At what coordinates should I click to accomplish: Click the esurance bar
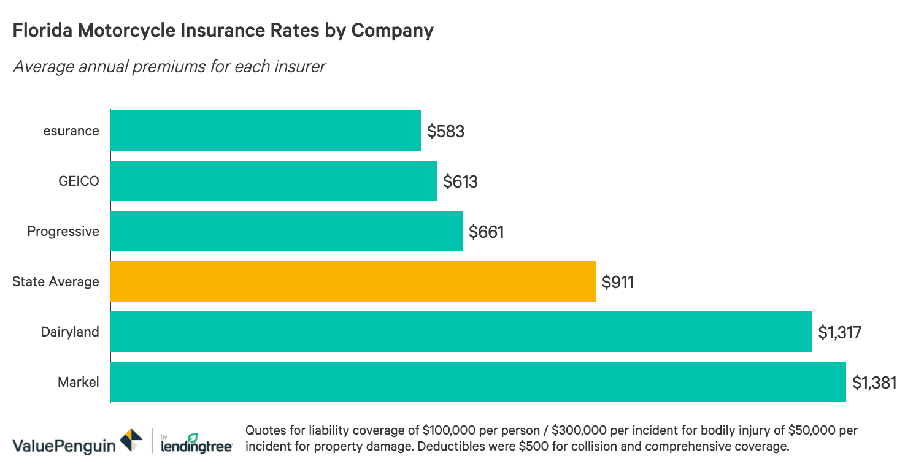click(x=265, y=131)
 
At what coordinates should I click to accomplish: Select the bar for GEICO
click(x=273, y=181)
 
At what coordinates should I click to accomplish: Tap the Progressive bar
click(x=286, y=231)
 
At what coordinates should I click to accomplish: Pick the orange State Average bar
click(x=353, y=281)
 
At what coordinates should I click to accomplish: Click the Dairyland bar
click(x=461, y=332)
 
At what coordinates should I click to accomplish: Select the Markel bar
click(x=478, y=382)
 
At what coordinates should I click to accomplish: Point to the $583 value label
click(x=445, y=131)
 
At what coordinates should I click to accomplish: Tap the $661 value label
click(x=486, y=232)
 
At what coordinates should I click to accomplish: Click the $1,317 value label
click(x=840, y=332)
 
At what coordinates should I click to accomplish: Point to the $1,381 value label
click(x=874, y=383)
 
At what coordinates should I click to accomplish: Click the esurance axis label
click(x=71, y=131)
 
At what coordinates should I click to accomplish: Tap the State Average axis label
click(x=56, y=281)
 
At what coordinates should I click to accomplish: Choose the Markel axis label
click(x=78, y=382)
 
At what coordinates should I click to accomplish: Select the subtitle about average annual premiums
click(x=169, y=66)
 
